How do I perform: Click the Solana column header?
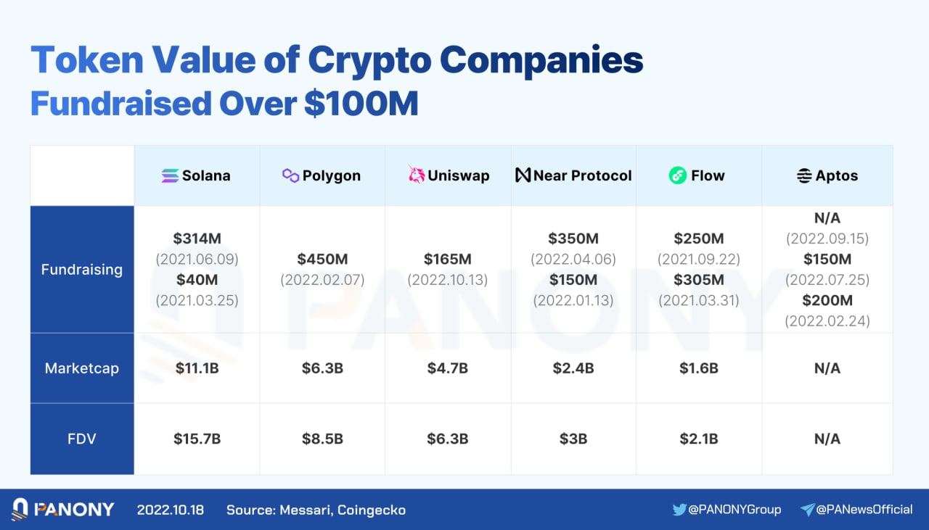click(x=197, y=175)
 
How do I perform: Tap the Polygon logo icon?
click(x=290, y=175)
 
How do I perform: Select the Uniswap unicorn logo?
click(x=417, y=175)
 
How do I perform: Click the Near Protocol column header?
click(x=573, y=175)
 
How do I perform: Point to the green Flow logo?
click(x=678, y=175)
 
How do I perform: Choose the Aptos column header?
click(x=827, y=175)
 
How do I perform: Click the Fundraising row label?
click(x=82, y=270)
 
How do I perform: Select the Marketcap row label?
click(x=82, y=368)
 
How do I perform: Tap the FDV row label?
click(x=82, y=439)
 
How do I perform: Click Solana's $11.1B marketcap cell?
click(x=197, y=368)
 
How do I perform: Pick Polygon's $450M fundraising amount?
click(x=322, y=259)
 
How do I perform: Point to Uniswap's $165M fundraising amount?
click(x=448, y=259)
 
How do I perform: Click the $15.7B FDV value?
click(x=197, y=439)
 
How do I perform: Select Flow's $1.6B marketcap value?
click(x=699, y=368)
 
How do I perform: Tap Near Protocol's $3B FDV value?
click(x=573, y=439)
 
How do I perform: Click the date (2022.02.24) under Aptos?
click(x=827, y=320)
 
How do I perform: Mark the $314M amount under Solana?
click(x=197, y=239)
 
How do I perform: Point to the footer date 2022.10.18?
click(x=171, y=510)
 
